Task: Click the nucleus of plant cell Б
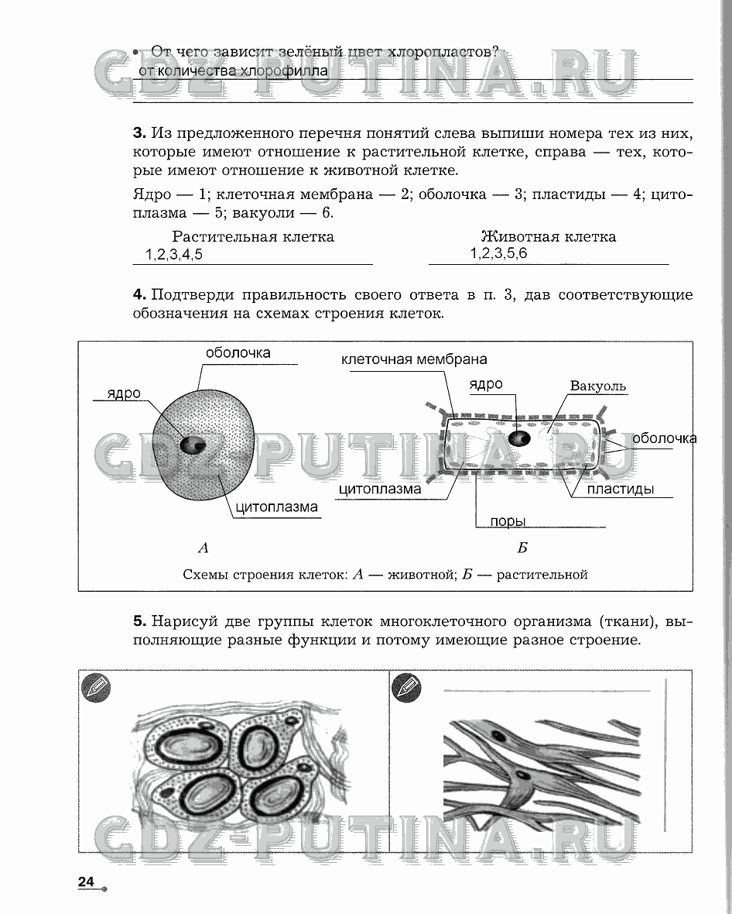point(518,438)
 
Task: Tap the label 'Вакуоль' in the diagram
point(597,386)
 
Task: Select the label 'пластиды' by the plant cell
point(620,489)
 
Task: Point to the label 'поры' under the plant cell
point(507,521)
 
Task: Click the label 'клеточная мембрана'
point(414,359)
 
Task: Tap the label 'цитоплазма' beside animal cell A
point(276,508)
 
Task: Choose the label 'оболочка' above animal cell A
point(238,352)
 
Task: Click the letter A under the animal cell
point(204,548)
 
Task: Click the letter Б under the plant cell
point(522,548)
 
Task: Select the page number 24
point(85,881)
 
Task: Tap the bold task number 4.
point(139,294)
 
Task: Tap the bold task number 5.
point(139,620)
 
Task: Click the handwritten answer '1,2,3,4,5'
point(174,254)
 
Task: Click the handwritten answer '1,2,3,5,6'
point(498,253)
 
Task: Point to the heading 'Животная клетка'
point(549,236)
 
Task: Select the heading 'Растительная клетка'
point(253,236)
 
